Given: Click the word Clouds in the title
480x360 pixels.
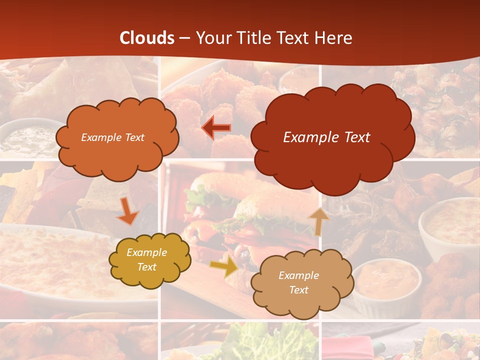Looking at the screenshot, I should pyautogui.click(x=147, y=38).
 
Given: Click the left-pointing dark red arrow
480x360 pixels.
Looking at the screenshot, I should pyautogui.click(x=216, y=128).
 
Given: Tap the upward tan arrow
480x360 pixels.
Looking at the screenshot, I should pyautogui.click(x=318, y=221).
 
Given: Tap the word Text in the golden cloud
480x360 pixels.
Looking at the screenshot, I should pyautogui.click(x=146, y=267).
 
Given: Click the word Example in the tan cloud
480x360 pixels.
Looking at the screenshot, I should pyautogui.click(x=298, y=275).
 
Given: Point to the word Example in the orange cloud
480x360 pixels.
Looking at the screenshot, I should pyautogui.click(x=99, y=137).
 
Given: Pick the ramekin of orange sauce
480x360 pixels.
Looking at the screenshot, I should pyautogui.click(x=387, y=280).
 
